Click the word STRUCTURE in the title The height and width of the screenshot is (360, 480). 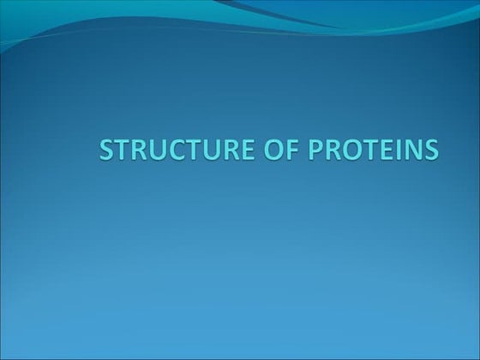tap(172, 149)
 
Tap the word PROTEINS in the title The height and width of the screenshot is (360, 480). tap(366, 149)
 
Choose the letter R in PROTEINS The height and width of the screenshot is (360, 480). tap(319, 149)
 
